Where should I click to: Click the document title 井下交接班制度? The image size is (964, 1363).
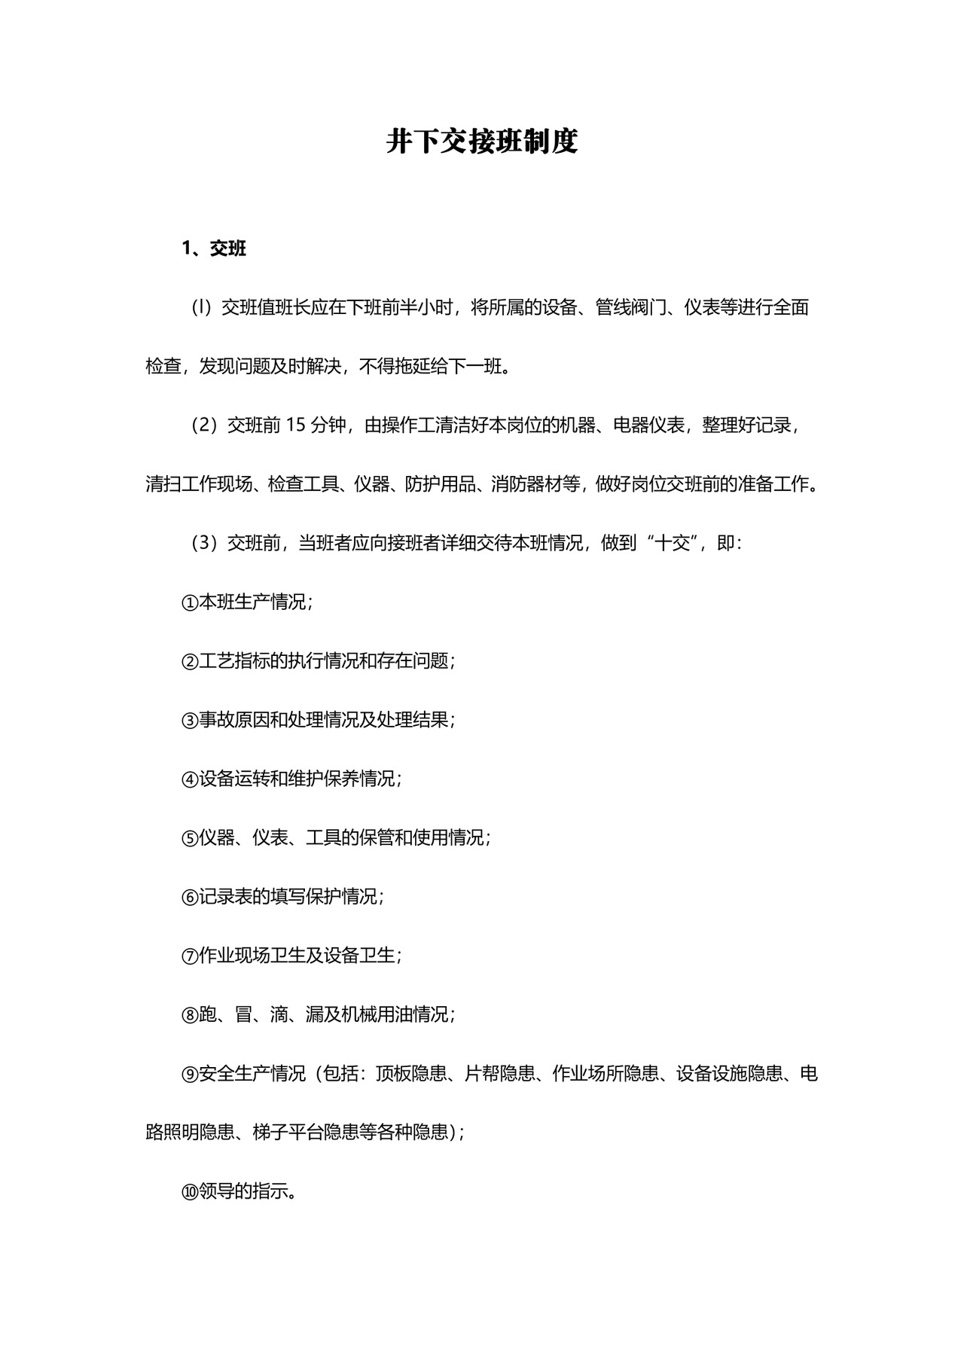tap(482, 142)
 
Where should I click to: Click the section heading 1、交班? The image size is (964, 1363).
tap(214, 249)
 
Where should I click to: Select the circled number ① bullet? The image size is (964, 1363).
tap(189, 603)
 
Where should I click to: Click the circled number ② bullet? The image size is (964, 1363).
tap(189, 662)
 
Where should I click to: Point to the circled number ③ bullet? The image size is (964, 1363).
tap(189, 721)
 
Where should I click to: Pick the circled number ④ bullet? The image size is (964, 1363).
tap(189, 779)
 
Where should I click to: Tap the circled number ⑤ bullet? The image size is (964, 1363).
tap(189, 838)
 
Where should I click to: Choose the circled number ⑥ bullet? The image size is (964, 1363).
tap(189, 897)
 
